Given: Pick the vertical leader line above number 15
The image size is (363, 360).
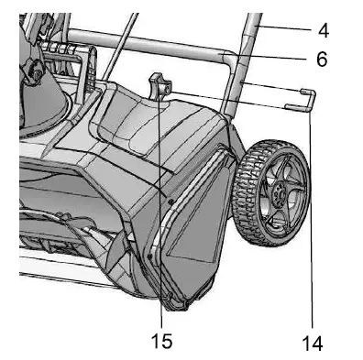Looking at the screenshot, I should [x=161, y=229].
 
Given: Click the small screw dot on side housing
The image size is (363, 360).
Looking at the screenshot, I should [x=171, y=196].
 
